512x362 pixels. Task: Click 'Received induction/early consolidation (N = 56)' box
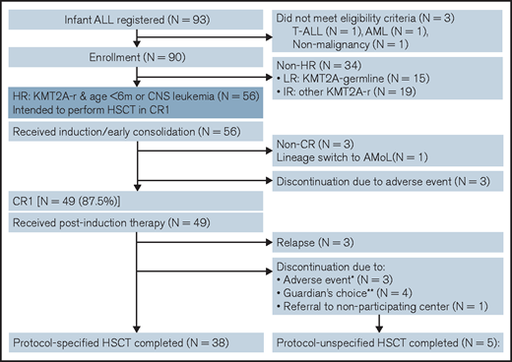(137, 137)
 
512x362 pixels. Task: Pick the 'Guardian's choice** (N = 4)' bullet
(347, 319)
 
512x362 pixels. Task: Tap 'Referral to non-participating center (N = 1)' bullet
(384, 333)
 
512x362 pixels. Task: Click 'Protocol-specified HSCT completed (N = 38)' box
(137, 345)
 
